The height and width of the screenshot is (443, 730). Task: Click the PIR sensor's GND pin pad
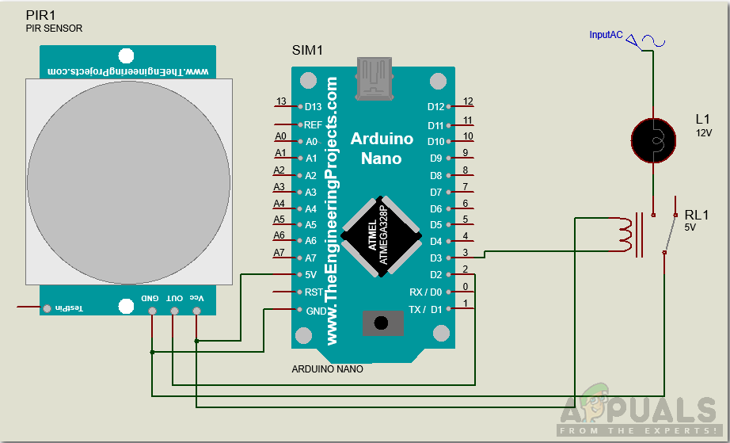[x=151, y=310]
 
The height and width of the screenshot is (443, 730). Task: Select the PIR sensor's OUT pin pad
[x=174, y=310]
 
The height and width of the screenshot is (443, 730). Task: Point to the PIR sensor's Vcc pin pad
[x=196, y=310]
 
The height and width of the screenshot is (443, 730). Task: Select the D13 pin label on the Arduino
[x=314, y=106]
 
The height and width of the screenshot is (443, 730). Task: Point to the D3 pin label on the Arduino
[x=435, y=258]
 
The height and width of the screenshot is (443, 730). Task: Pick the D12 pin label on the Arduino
[x=435, y=106]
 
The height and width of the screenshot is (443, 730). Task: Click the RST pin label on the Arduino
[x=314, y=292]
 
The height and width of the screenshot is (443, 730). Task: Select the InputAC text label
[x=606, y=35]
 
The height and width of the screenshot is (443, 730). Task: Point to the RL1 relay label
[x=698, y=215]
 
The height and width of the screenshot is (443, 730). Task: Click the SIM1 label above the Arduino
[x=308, y=51]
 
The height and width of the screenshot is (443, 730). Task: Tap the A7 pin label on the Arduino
[x=310, y=258]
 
